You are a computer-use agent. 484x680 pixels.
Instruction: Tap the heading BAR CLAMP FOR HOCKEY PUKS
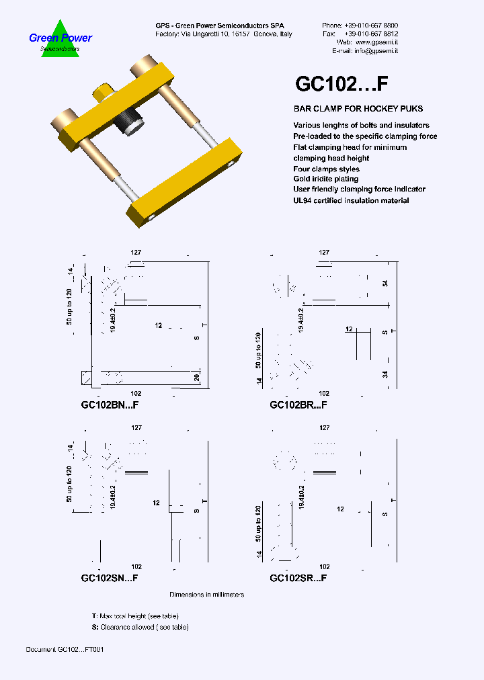click(x=358, y=109)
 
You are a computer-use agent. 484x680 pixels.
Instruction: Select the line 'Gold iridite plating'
click(x=325, y=179)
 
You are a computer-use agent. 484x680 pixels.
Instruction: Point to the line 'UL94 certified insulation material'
click(x=351, y=200)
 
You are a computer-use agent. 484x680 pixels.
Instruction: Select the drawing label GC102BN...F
click(x=110, y=405)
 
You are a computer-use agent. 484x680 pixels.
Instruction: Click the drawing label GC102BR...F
click(x=298, y=405)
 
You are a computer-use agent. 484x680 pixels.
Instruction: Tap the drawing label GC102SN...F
click(x=110, y=578)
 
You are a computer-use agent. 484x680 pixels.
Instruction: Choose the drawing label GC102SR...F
click(x=298, y=578)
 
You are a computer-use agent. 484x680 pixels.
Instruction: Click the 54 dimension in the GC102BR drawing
click(x=385, y=284)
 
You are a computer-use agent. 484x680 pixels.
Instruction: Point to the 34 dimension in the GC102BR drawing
click(x=385, y=375)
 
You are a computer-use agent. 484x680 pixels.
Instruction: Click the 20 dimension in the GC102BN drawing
click(x=198, y=377)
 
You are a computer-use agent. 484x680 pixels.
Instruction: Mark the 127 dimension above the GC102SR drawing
click(x=325, y=427)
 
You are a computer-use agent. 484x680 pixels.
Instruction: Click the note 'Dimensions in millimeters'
click(x=206, y=595)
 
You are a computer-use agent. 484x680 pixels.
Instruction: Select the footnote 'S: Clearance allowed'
click(x=140, y=627)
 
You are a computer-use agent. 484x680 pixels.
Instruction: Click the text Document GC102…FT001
click(x=65, y=650)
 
